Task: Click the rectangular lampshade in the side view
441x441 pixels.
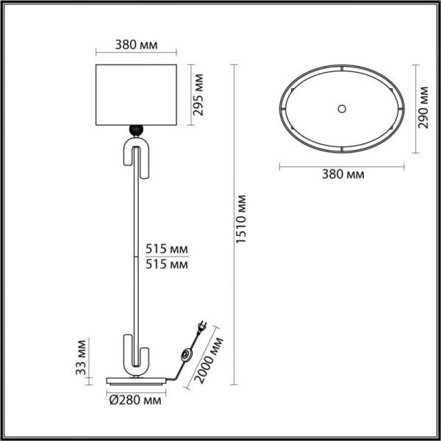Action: coord(137,95)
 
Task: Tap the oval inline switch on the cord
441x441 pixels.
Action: coord(185,357)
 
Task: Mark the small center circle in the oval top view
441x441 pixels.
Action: coord(341,108)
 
